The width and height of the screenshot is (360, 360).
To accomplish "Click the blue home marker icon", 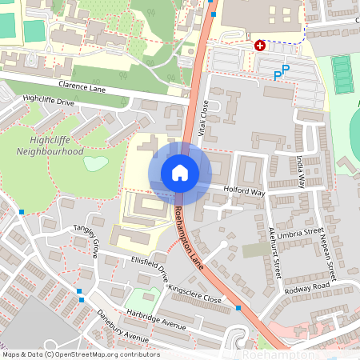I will [x=179, y=173].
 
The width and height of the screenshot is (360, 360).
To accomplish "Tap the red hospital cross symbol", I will [x=259, y=46].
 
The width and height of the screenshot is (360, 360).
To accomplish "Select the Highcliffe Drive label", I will [x=48, y=101].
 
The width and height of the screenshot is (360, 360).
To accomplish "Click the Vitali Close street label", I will [x=204, y=113].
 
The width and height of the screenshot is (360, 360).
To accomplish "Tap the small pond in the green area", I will [x=95, y=163].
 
